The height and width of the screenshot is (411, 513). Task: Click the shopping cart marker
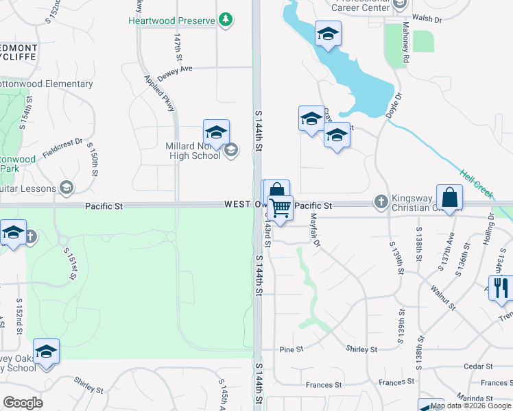tap(280, 208)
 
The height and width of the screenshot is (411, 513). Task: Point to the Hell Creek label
tap(476, 185)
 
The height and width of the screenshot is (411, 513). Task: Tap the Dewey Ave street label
tap(175, 68)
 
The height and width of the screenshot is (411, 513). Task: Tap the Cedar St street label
tap(475, 366)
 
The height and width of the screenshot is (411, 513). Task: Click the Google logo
tap(23, 402)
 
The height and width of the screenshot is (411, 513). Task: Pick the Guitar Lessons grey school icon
tap(67, 187)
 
